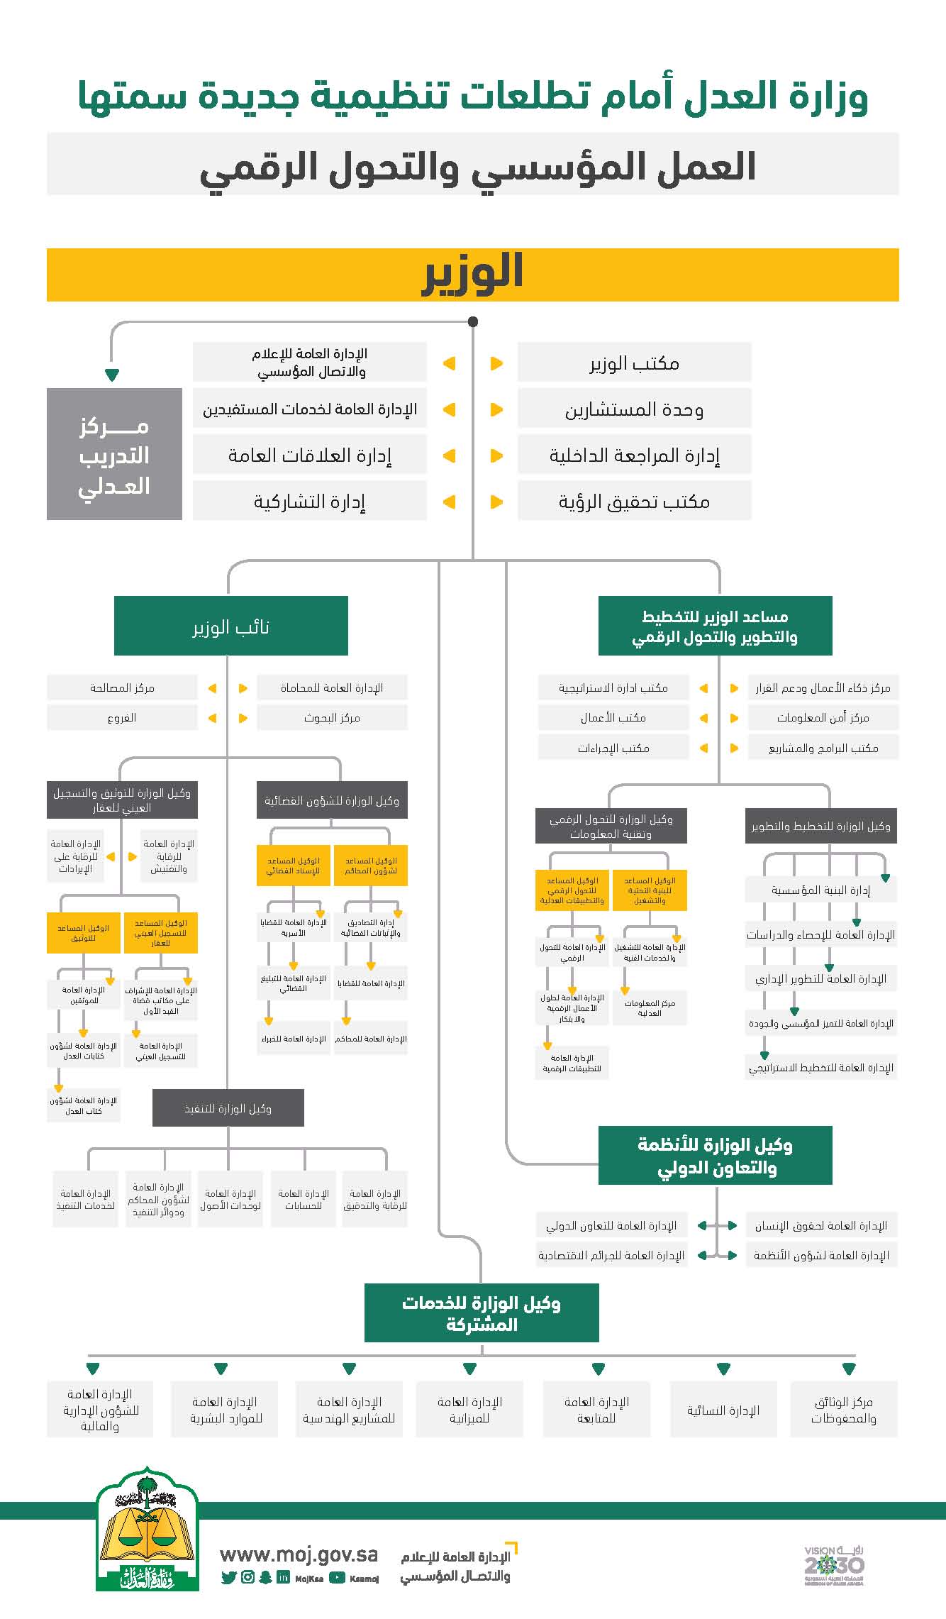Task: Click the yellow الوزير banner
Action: point(473,275)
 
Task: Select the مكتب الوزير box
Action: point(634,363)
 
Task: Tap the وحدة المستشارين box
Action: point(634,409)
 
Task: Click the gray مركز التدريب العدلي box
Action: point(114,454)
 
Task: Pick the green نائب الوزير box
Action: point(230,626)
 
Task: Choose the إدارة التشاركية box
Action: point(309,502)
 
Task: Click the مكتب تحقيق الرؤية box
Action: point(634,502)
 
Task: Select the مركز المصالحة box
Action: point(122,687)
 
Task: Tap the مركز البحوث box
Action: point(332,717)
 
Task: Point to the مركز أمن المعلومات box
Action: point(823,717)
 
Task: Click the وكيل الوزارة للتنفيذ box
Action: point(228,1108)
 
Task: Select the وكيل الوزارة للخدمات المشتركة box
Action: point(482,1313)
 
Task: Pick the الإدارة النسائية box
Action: point(723,1410)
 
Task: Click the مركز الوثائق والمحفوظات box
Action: point(844,1410)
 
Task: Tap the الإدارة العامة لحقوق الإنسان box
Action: point(821,1225)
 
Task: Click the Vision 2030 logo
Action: point(834,1564)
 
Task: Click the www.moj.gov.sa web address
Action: point(299,1554)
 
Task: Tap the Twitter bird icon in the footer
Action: point(228,1578)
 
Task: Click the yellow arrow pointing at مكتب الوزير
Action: point(496,363)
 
